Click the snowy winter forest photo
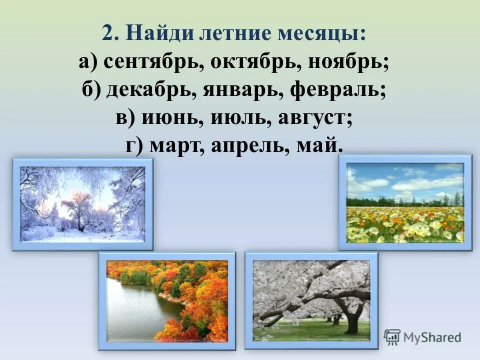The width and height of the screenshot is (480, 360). pyautogui.click(x=82, y=204)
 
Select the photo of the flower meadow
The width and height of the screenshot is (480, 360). pyautogui.click(x=405, y=202)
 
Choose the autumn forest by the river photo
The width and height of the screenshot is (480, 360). pyautogui.click(x=167, y=300)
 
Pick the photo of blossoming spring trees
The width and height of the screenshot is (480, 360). pyautogui.click(x=311, y=300)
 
